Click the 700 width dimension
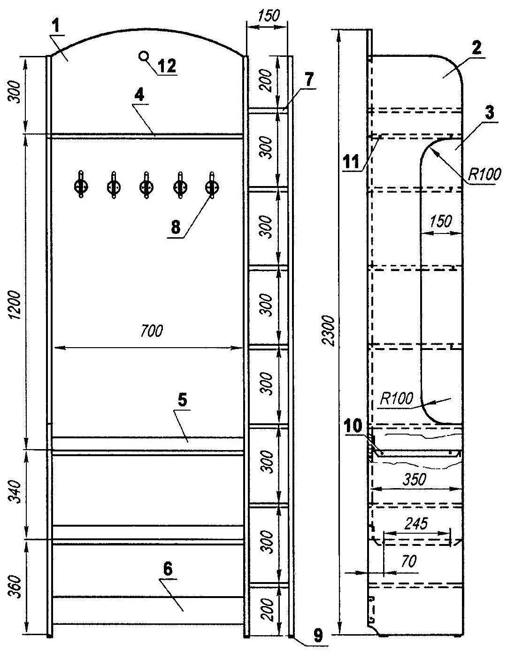(151, 331)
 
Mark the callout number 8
(176, 227)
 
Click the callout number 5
(182, 400)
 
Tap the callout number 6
(168, 569)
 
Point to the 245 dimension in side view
(416, 524)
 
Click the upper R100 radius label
(484, 174)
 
